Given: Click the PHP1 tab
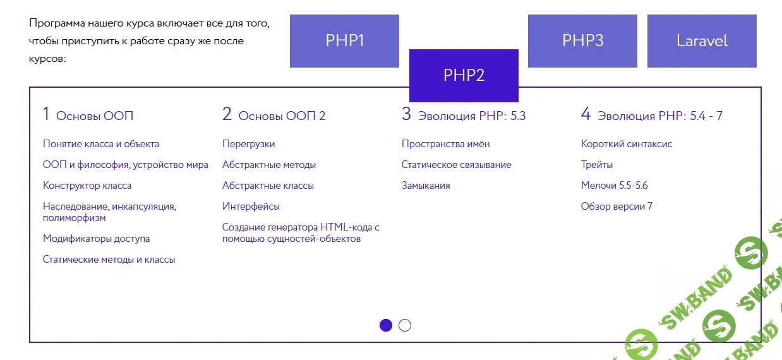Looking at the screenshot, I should (344, 41).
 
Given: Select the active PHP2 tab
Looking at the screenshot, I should (464, 75).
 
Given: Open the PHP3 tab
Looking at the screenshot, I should (582, 41).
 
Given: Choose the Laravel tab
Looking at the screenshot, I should (702, 41).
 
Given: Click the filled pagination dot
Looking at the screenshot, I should (386, 325).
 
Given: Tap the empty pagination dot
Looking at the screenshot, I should (405, 325).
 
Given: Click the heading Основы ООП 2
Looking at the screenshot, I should (282, 116).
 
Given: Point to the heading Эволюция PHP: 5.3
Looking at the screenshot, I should (471, 116).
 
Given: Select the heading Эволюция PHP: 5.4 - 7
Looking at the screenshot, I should (659, 116).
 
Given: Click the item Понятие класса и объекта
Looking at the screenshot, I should (101, 144).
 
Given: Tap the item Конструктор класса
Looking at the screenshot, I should (87, 186).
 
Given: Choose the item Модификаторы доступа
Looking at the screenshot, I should (96, 239).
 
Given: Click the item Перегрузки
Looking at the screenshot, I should (248, 144).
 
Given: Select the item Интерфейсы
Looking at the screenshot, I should (251, 207).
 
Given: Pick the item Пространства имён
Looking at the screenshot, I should (445, 144).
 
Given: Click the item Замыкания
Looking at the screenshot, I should (426, 186).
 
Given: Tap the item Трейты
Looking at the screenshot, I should (597, 165).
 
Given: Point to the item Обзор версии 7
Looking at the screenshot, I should (617, 207).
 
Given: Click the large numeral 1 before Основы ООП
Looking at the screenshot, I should (46, 114).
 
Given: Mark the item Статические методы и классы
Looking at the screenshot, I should (109, 260).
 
